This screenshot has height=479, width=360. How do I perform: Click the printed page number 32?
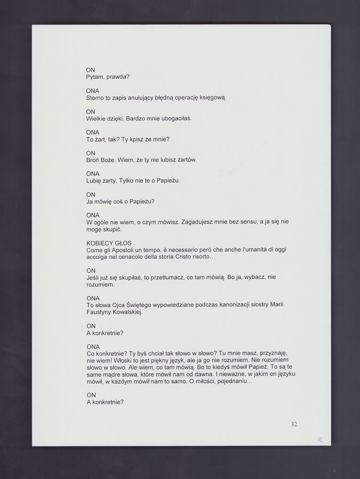[294, 424]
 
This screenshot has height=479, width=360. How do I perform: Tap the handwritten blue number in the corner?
[320, 440]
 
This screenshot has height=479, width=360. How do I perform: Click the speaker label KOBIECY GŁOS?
[109, 243]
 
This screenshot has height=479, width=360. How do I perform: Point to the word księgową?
[212, 98]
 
